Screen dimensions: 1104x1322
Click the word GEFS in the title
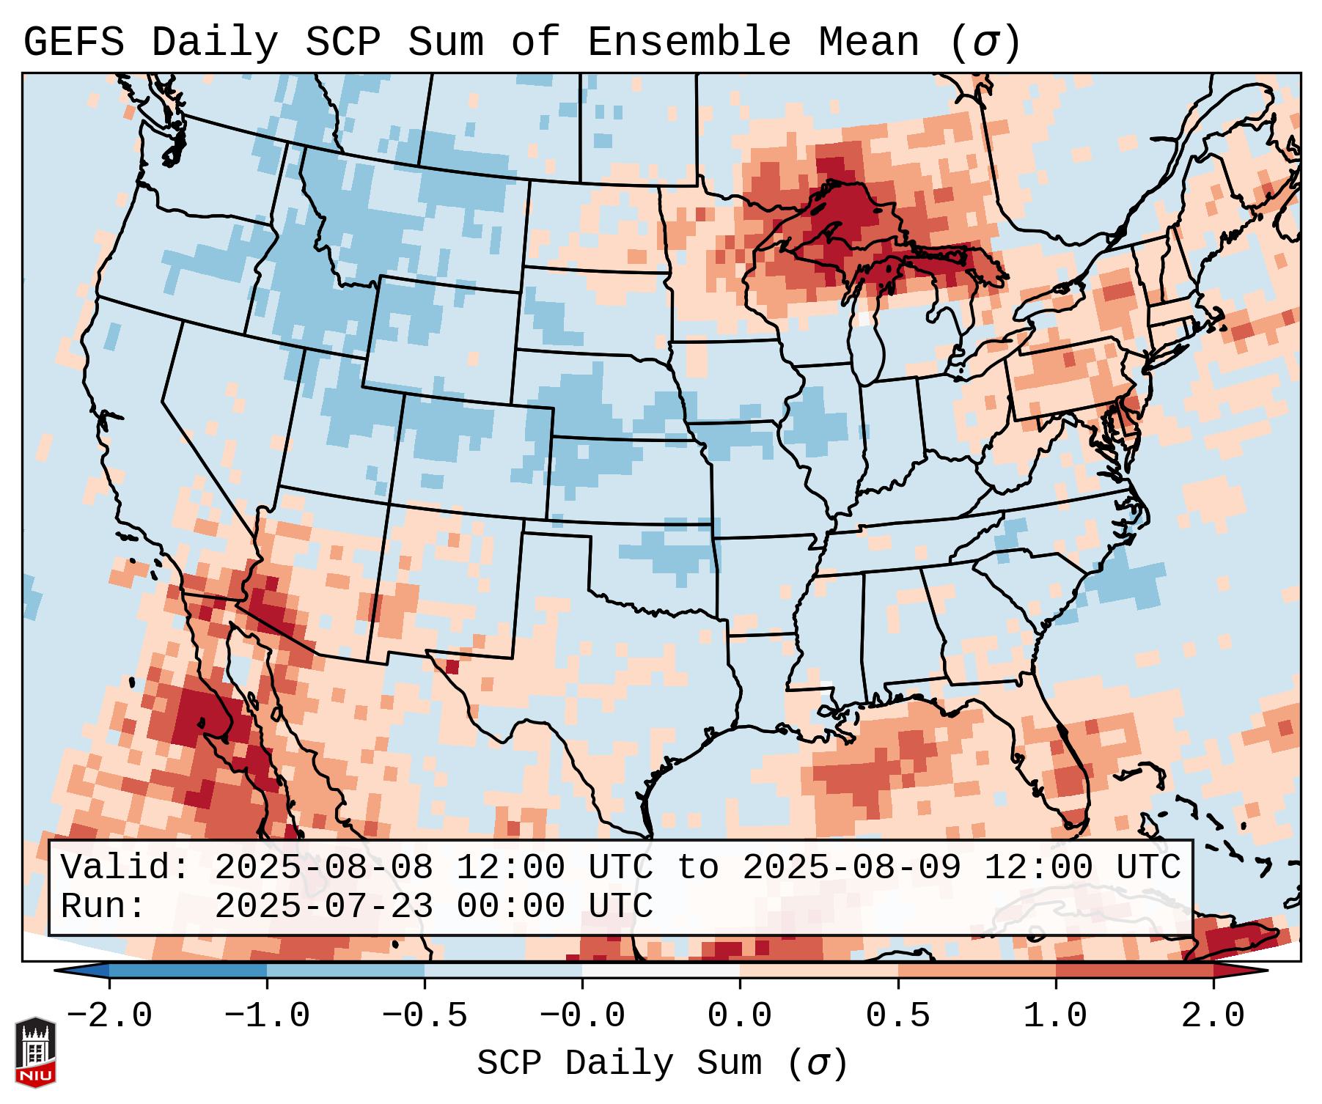73,43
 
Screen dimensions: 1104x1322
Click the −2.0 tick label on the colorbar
109,1016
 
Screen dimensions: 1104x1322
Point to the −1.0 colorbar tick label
267,1016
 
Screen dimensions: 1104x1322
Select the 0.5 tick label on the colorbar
897,1016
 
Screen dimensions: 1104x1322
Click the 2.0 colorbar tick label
1213,1016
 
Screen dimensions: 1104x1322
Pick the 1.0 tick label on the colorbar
1055,1016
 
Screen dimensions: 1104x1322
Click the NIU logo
35,1051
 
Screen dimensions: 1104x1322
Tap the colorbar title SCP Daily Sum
619,1064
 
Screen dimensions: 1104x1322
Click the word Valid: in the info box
125,867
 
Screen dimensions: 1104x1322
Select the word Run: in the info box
103,906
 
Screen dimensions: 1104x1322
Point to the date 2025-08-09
851,867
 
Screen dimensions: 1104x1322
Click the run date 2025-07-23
323,906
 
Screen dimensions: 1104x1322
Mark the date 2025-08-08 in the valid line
323,867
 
